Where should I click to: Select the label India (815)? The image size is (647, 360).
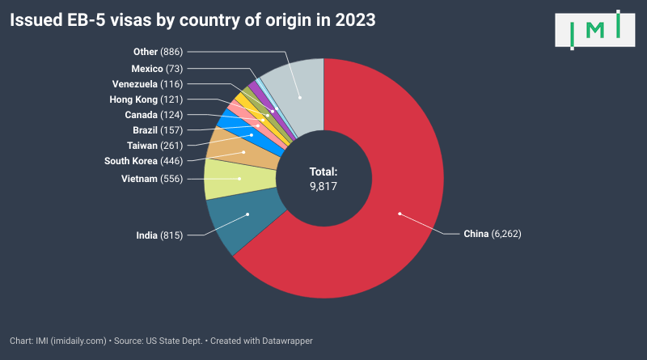[160, 235]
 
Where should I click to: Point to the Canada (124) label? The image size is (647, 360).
[154, 115]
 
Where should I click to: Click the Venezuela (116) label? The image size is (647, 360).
[147, 84]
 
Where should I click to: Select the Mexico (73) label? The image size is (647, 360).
[158, 69]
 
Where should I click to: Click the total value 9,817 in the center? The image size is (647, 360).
[323, 186]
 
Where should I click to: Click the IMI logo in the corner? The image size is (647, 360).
[594, 30]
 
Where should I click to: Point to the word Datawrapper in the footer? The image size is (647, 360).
[285, 341]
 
